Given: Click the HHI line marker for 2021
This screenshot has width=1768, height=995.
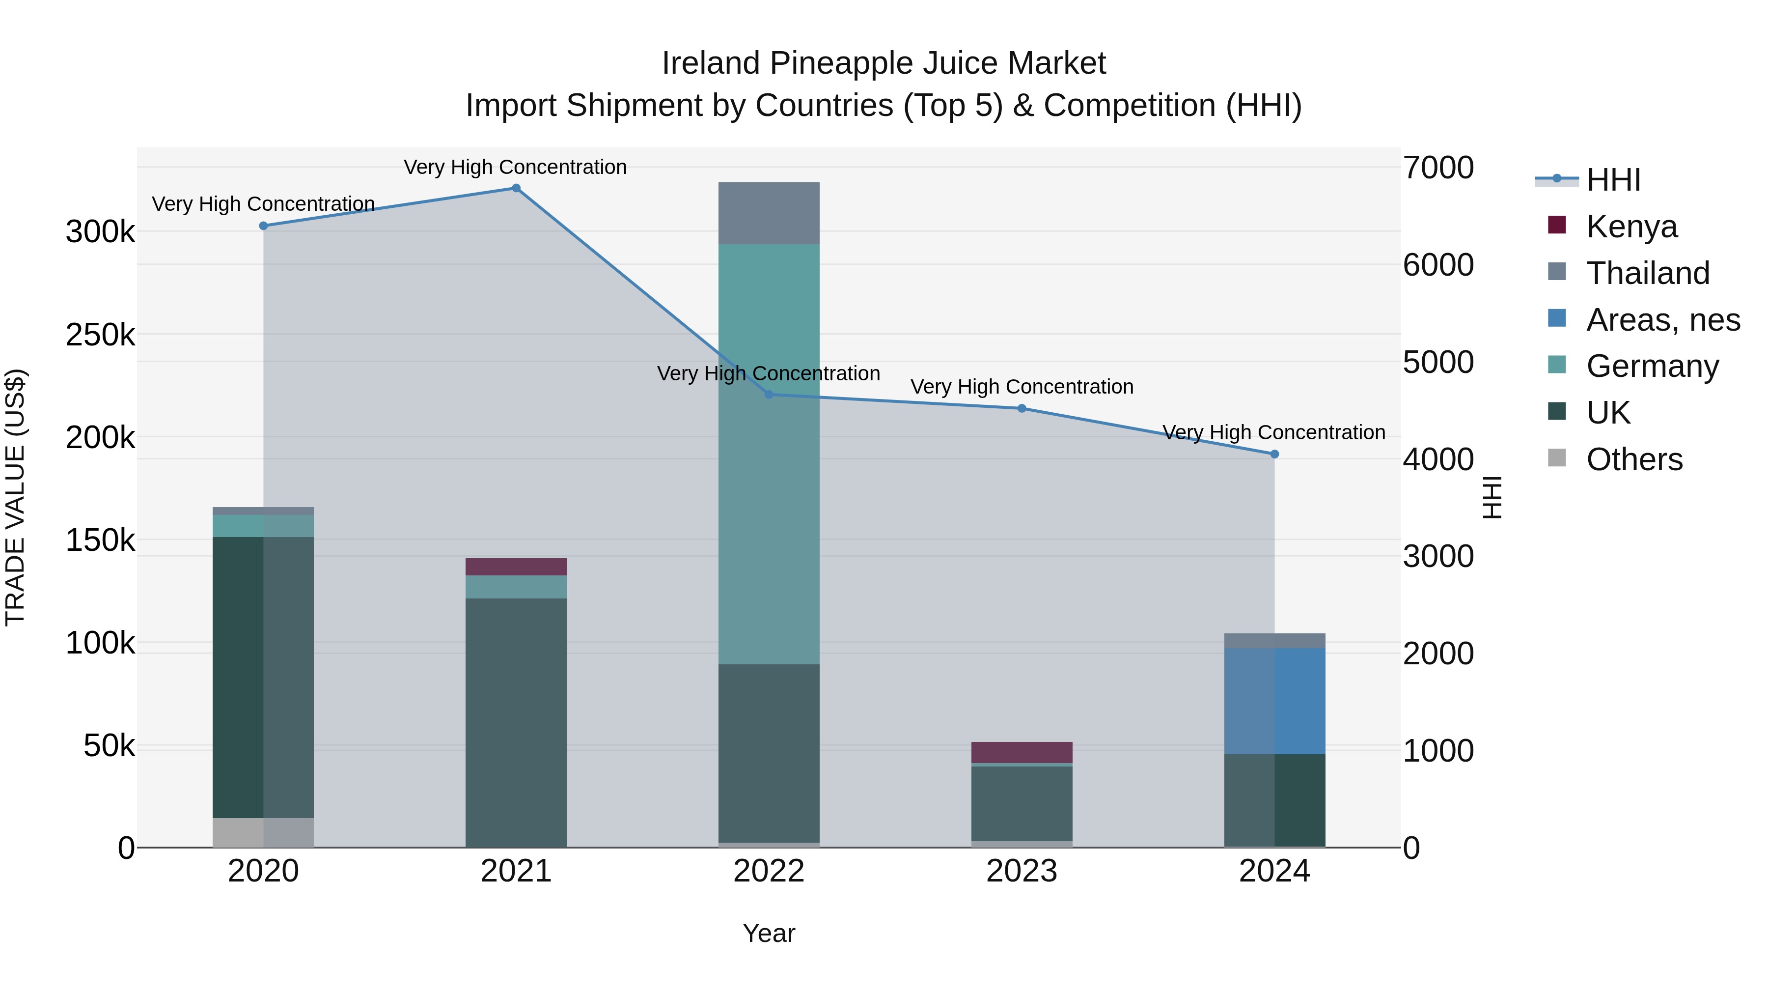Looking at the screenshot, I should [x=516, y=188].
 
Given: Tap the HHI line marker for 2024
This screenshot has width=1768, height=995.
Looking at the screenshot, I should [x=1274, y=454].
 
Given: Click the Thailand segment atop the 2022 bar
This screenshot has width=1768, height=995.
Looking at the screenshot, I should [x=769, y=214].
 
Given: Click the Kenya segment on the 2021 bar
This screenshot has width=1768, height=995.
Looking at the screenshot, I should [x=516, y=567].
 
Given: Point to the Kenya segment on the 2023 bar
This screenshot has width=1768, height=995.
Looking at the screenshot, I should [x=1022, y=752].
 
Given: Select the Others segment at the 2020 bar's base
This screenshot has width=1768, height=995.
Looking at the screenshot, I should [x=263, y=832].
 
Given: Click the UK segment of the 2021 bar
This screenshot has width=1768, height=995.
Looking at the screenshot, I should [x=516, y=721].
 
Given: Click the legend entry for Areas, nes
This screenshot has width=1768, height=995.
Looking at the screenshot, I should [x=1662, y=320].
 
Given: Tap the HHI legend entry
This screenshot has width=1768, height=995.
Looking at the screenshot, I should [x=1613, y=180].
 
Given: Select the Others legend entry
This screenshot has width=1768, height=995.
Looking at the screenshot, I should [x=1633, y=459].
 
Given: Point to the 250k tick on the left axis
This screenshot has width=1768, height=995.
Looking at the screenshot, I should [x=100, y=335].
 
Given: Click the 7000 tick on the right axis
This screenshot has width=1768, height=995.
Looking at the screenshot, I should [x=1438, y=168].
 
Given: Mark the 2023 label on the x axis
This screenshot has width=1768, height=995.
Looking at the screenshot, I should [x=1022, y=871].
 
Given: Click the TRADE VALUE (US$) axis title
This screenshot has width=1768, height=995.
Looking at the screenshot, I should [x=16, y=497].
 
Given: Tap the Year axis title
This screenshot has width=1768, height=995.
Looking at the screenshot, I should [x=769, y=933].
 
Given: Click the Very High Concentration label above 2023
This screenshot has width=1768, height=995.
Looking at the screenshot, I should [x=1022, y=387].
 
